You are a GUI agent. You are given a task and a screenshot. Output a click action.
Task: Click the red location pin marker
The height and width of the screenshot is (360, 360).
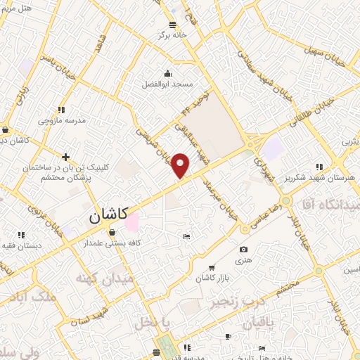point(181,165)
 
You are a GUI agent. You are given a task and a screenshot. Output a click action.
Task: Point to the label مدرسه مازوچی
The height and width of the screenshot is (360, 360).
point(62,120)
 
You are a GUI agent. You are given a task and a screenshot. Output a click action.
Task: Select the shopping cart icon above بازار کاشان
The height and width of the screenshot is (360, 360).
point(212,269)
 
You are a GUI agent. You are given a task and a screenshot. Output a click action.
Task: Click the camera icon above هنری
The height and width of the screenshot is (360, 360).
point(243,250)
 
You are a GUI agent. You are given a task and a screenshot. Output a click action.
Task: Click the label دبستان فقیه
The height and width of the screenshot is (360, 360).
point(21,246)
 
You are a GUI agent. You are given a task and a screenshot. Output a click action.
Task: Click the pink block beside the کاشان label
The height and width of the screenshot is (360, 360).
point(131,222)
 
